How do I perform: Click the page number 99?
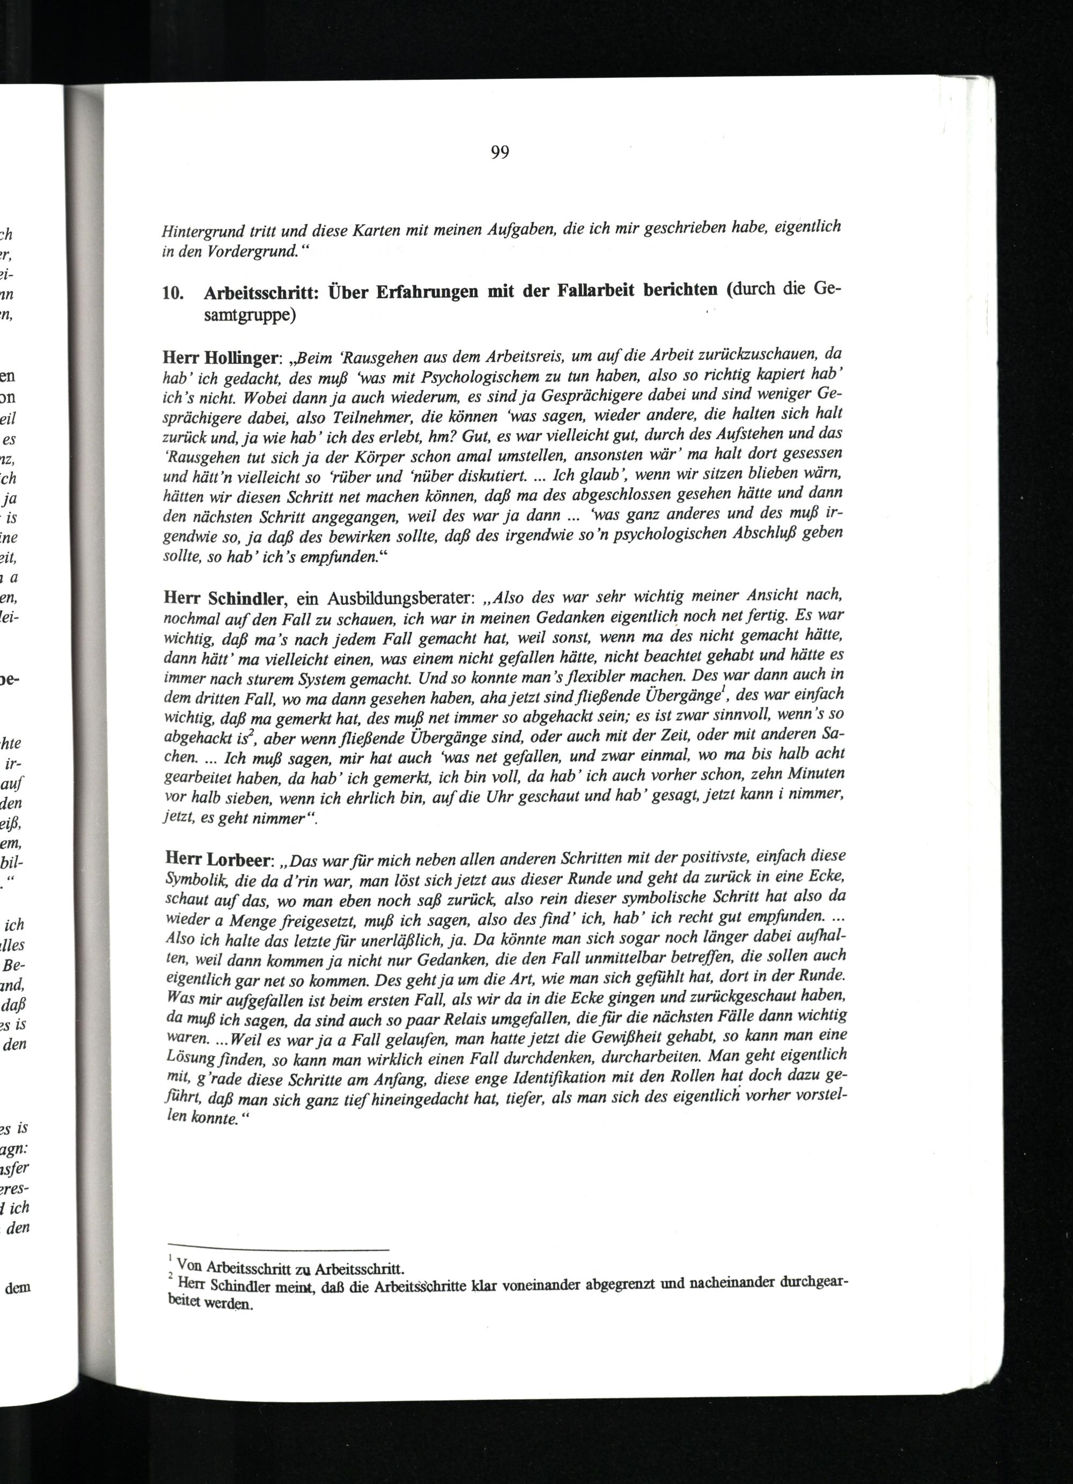(500, 152)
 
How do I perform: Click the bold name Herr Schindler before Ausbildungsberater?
(223, 598)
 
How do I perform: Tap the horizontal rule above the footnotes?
(278, 1248)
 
